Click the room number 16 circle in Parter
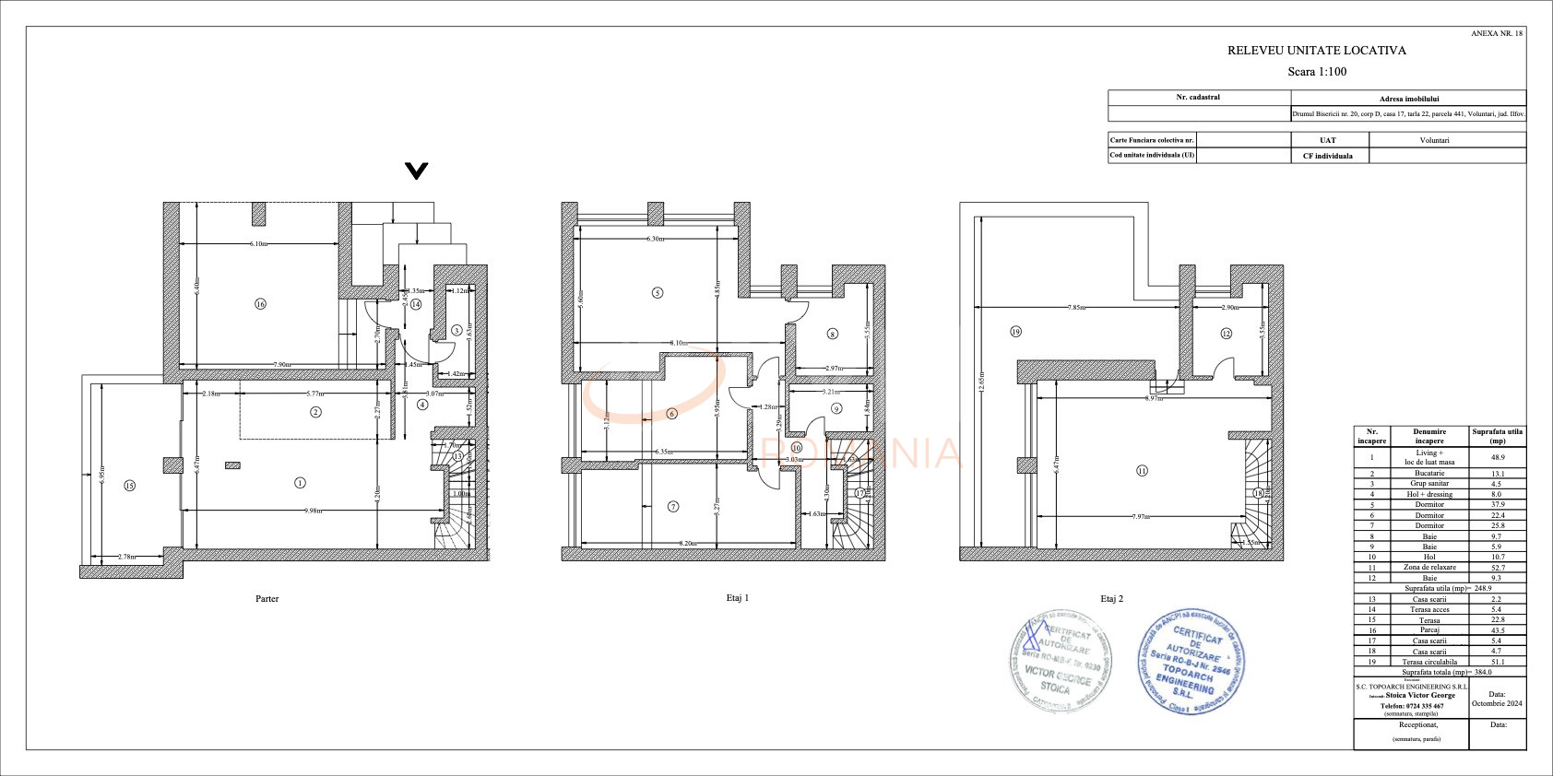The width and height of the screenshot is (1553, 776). point(260,304)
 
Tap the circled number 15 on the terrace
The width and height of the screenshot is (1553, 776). point(129,485)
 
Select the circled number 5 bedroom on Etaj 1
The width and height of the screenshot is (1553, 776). point(657,293)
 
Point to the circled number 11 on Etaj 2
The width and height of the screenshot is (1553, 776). point(1142,470)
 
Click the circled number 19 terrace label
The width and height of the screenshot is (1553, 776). point(1015,332)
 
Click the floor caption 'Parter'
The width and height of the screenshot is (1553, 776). point(267,599)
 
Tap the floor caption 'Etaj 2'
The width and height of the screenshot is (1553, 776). point(1112,599)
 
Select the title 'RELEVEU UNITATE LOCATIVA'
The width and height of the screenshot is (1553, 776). point(1316,51)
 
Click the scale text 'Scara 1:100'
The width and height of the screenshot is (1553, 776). point(1316,72)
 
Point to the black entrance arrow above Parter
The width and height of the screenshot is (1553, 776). point(417,170)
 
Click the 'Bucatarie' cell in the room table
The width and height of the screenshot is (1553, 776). point(1429,473)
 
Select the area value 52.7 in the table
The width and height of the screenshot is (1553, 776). point(1496,568)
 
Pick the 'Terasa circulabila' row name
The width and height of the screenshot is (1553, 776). point(1429,662)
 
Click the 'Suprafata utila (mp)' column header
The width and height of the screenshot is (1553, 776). point(1496,435)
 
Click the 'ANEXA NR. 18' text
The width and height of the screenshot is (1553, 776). point(1497,33)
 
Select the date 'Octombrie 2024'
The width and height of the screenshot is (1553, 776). point(1496,703)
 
